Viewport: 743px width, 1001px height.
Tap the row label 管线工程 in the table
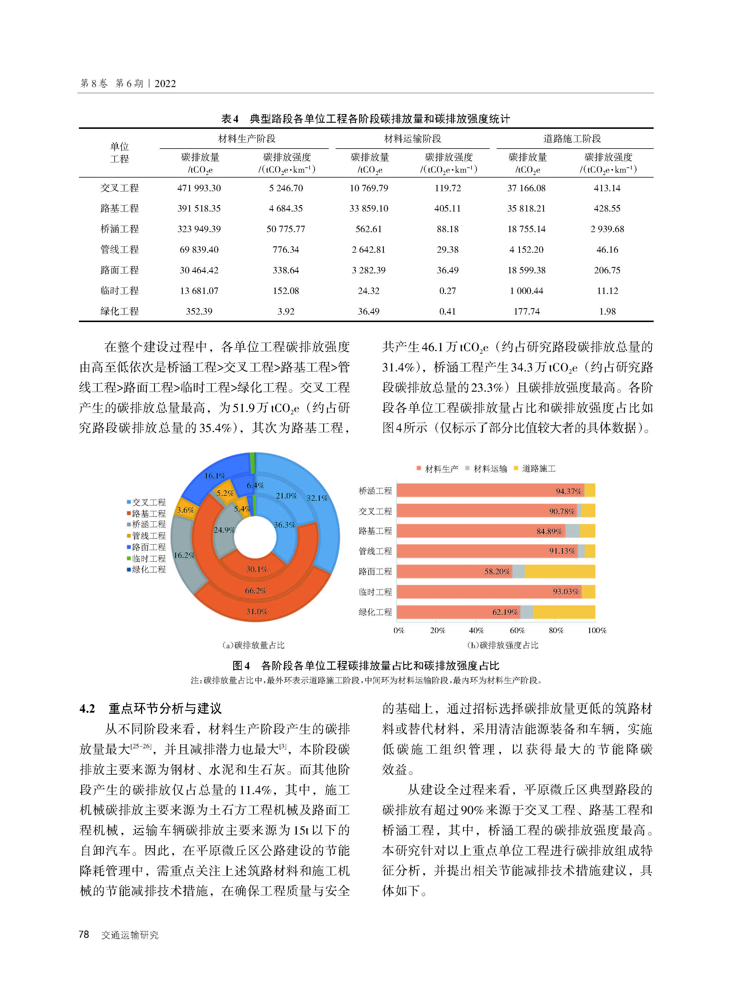[119, 250]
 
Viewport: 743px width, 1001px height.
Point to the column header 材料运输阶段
[413, 138]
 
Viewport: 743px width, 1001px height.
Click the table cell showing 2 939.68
[607, 229]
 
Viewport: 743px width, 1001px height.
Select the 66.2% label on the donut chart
[256, 590]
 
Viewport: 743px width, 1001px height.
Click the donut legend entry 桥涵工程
[149, 524]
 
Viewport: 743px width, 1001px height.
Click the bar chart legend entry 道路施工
[538, 469]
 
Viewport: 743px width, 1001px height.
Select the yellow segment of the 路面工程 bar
[560, 572]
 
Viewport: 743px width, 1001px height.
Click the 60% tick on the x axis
[517, 630]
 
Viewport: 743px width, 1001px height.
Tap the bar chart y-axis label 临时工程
[375, 592]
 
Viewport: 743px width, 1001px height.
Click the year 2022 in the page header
[165, 84]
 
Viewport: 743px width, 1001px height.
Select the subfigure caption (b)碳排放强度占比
[502, 645]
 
